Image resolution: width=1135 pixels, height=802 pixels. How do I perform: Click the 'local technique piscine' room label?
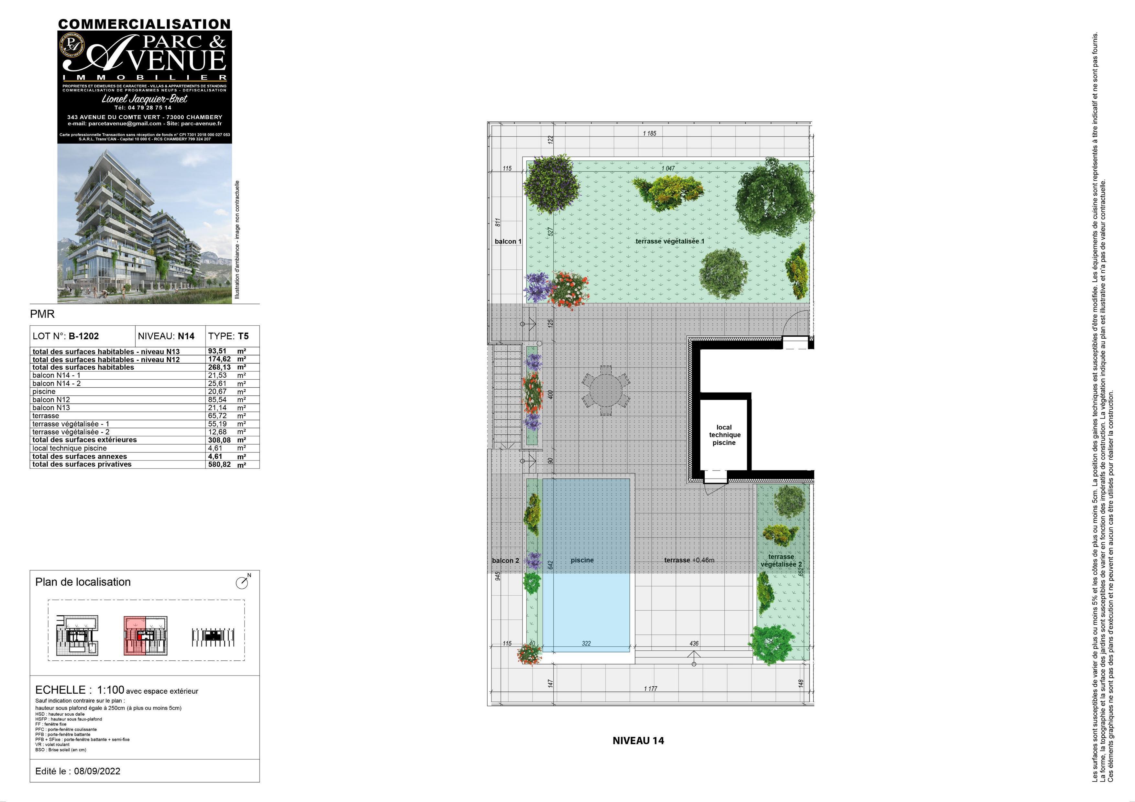(724, 435)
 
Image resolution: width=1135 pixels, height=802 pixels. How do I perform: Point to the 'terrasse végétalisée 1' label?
(670, 241)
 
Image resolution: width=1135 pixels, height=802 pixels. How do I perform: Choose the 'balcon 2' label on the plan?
(505, 560)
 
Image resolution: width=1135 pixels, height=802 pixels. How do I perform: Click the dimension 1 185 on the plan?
(650, 134)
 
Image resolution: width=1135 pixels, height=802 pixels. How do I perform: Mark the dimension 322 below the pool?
(586, 644)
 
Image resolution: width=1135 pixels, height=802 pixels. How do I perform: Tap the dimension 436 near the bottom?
(694, 644)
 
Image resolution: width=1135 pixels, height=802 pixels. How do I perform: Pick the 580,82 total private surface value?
(219, 464)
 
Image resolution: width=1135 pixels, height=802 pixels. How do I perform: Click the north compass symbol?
(242, 583)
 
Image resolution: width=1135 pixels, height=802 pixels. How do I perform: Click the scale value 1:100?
(110, 690)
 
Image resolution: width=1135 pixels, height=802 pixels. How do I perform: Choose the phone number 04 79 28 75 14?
(143, 107)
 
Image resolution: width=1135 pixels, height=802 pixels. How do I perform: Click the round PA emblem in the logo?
(72, 43)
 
